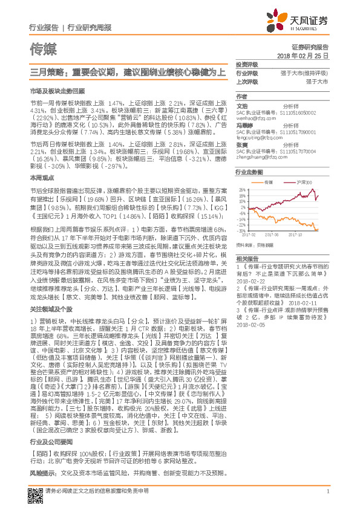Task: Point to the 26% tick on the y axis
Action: click(x=242, y=190)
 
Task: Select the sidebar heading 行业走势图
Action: click(x=249, y=172)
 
